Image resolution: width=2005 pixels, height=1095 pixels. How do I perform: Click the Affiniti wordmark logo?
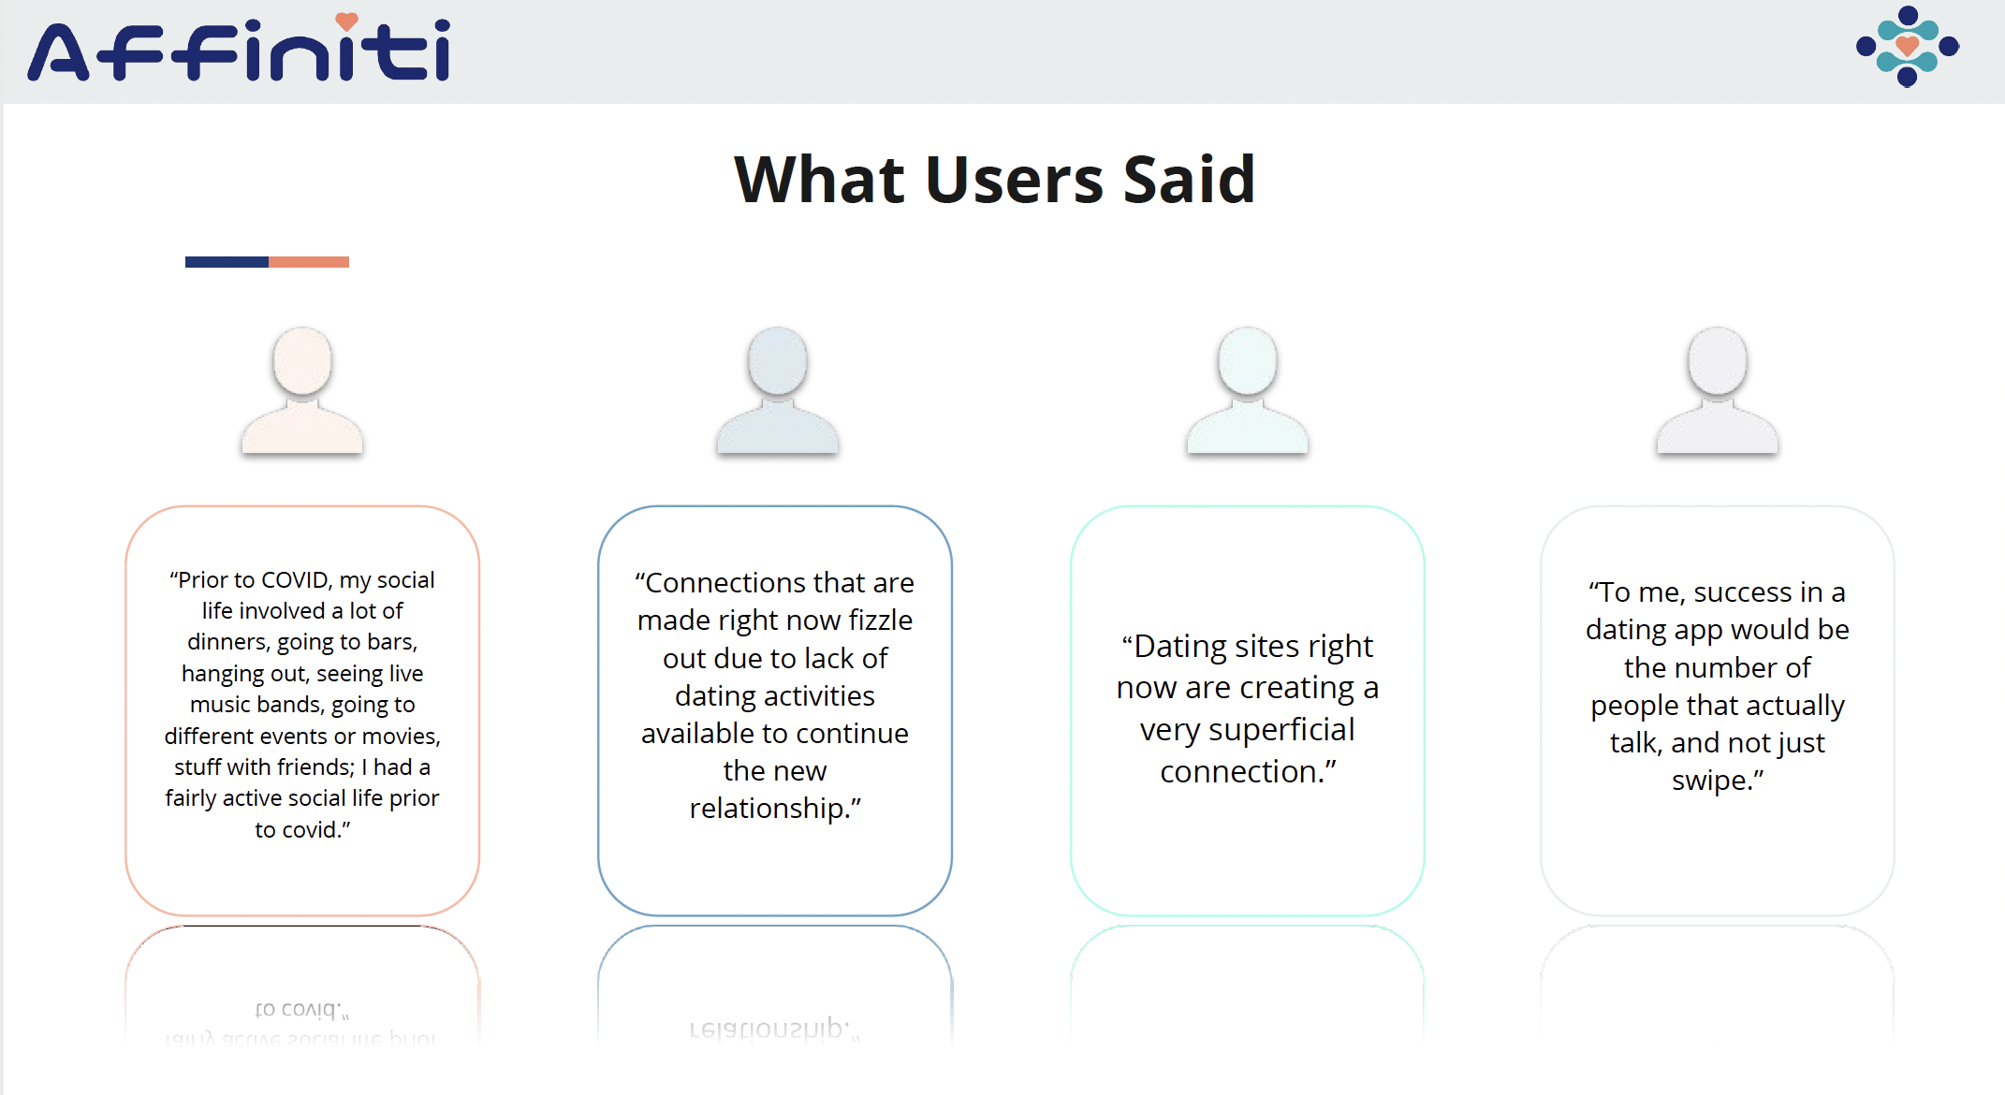pos(239,48)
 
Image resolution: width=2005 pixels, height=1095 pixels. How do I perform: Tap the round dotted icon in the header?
pos(1907,46)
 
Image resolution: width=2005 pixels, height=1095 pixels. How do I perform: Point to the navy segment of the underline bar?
pos(227,262)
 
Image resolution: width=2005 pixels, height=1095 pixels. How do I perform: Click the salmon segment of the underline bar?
pos(309,262)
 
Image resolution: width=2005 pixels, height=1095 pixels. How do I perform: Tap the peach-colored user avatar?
pos(302,390)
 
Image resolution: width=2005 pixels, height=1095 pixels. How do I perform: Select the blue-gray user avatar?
pos(777,390)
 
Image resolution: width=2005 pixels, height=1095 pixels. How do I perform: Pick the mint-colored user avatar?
pos(1247,390)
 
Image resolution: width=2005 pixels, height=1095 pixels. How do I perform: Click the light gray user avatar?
pos(1717,390)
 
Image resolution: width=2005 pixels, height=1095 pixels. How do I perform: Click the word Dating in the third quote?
pos(1180,648)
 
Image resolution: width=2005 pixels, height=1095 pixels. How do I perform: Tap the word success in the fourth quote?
pos(1743,592)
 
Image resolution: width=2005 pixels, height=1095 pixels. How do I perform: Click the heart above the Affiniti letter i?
pos(347,21)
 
